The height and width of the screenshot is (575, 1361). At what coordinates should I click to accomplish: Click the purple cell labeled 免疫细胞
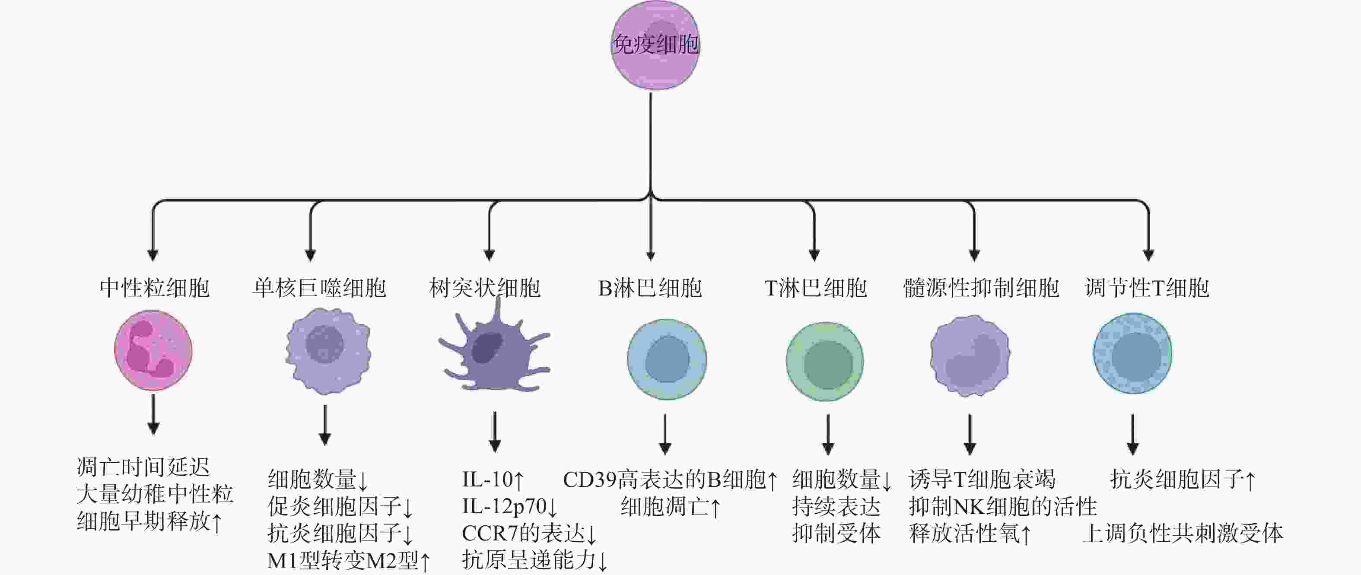[655, 45]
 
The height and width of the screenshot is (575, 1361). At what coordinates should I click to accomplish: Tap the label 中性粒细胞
[154, 288]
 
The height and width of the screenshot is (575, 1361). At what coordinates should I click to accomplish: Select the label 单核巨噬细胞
[320, 288]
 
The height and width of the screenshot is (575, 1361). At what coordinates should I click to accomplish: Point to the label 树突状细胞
[485, 288]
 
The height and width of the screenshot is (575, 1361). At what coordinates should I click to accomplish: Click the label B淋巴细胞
[650, 288]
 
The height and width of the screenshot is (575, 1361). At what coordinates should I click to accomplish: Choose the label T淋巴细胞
[816, 288]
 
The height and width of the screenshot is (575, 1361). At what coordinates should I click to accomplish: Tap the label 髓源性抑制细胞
[981, 288]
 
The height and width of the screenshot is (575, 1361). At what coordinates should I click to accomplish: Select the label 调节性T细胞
[1147, 288]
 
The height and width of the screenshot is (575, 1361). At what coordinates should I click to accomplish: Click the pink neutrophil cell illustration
[153, 350]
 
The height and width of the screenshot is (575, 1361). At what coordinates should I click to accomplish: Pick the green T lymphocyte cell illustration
[825, 362]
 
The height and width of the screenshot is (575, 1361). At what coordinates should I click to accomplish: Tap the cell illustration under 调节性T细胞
[1132, 353]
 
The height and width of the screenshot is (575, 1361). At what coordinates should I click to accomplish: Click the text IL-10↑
[493, 480]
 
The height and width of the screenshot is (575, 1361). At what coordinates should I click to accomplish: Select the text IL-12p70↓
[510, 506]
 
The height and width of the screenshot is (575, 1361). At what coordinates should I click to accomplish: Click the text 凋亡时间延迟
[143, 467]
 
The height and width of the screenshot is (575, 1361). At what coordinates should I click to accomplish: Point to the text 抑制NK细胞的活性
[1003, 506]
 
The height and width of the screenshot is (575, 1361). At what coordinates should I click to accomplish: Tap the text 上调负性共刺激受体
[1183, 533]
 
